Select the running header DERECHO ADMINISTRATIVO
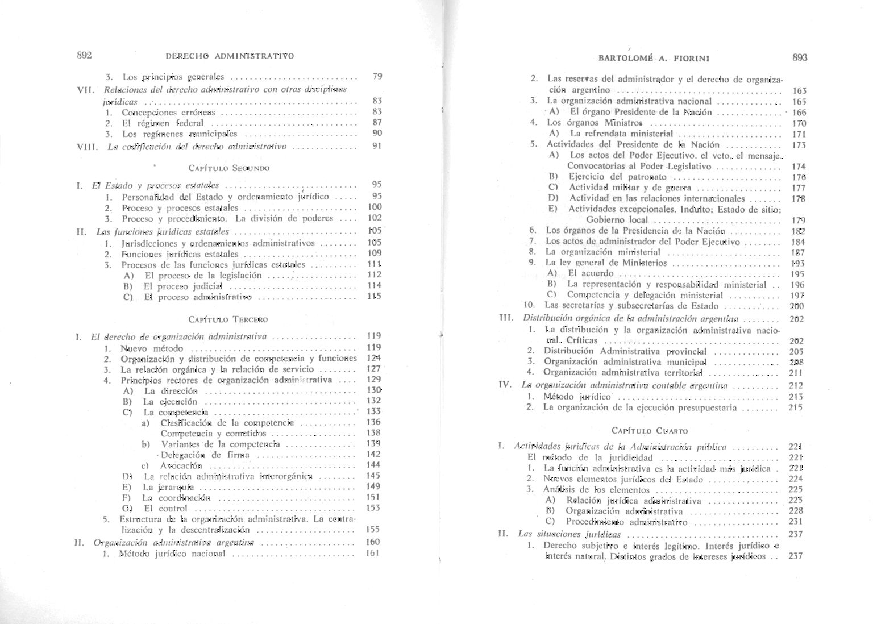tap(230, 56)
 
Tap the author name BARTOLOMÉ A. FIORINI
tap(654, 58)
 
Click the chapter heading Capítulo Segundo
tap(228, 168)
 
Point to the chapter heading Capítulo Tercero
tap(228, 320)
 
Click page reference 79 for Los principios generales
tap(376, 76)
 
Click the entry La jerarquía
tap(169, 487)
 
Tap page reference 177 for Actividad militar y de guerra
tap(799, 188)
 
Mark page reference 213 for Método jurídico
tap(796, 397)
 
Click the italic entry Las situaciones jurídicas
tap(569, 534)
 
